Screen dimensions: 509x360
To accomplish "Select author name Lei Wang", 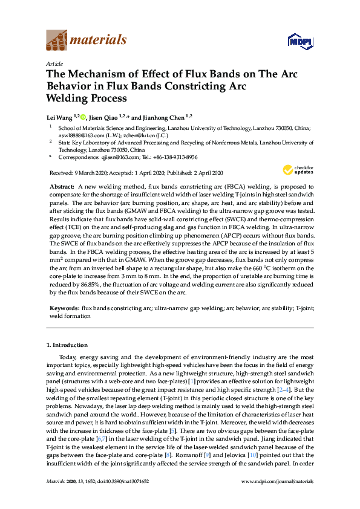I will tap(59, 117).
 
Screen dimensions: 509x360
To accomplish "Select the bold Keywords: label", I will tap(64, 308).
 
